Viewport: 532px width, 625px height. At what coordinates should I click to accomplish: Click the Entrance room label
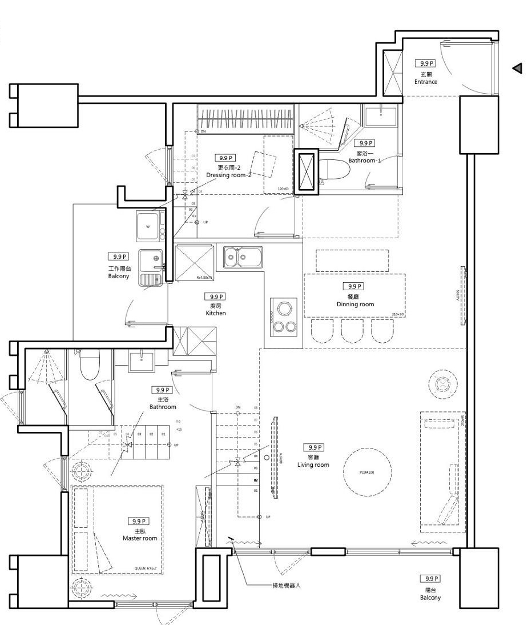click(x=426, y=82)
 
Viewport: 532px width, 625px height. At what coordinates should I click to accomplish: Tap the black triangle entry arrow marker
click(x=518, y=69)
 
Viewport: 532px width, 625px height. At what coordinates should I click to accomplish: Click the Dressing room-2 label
click(x=228, y=175)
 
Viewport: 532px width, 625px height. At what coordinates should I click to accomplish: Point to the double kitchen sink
click(x=243, y=257)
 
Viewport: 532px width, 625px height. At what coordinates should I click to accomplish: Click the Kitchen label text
click(x=216, y=313)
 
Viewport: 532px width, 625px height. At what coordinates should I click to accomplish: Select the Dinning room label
click(x=355, y=304)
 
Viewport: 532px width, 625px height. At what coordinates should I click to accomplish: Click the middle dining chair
click(x=352, y=330)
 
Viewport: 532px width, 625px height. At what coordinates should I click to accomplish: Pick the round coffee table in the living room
click(x=368, y=472)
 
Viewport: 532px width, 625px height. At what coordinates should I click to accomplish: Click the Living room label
click(x=313, y=464)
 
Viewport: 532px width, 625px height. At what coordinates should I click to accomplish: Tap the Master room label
click(x=140, y=538)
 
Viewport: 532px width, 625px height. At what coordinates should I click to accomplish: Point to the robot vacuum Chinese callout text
click(x=286, y=586)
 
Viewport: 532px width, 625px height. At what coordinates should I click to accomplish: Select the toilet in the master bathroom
click(x=90, y=364)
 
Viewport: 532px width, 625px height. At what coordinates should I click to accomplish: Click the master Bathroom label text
click(x=163, y=407)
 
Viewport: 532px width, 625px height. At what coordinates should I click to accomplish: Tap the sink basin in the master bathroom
click(x=140, y=359)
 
